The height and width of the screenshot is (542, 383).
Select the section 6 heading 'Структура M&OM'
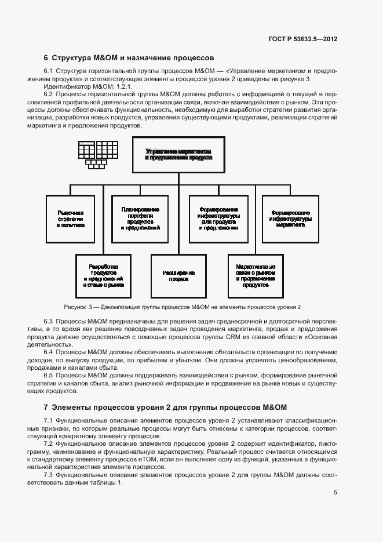129,58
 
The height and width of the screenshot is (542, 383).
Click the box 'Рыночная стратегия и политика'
71,219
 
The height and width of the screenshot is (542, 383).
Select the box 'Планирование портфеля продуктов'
140,219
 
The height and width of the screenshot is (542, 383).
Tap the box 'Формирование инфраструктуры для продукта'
218,219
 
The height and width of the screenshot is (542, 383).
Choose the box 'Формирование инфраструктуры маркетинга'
290,219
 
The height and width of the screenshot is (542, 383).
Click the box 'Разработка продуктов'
103,276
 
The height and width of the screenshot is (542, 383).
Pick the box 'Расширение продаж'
178,276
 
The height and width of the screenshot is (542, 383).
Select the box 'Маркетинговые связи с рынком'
256,276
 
